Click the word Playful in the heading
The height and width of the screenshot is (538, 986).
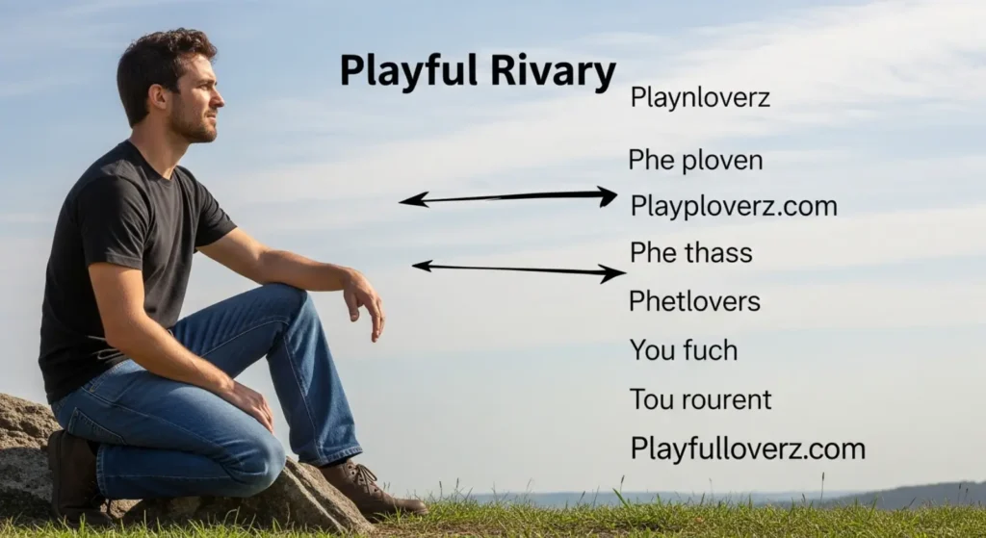pos(397,72)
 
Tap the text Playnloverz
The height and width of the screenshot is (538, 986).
pos(699,97)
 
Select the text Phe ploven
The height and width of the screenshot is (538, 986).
pos(695,161)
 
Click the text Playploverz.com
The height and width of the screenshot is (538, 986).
pos(734,206)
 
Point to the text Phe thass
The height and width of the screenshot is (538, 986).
pos(690,253)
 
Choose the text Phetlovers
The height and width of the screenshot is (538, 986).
pos(694,301)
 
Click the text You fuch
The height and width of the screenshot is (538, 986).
pos(683,350)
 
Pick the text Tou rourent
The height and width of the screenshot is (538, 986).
pos(700,399)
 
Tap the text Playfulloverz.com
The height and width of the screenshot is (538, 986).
pos(747,448)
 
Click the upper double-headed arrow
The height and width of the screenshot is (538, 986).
pos(507,197)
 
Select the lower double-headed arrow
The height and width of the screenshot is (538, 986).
pos(518,269)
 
